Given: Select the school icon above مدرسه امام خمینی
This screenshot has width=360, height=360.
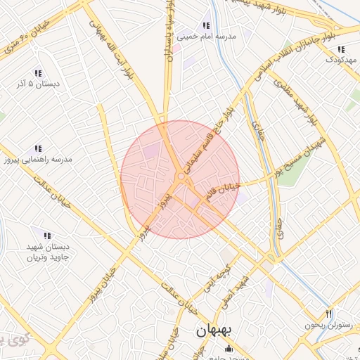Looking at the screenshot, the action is coord(206,25).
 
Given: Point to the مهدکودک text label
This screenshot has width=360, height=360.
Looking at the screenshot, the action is coord(342,60).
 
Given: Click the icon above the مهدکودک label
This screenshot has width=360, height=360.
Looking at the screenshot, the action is coord(341,49).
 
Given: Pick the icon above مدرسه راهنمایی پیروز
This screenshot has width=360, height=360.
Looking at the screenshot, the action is coord(39,148).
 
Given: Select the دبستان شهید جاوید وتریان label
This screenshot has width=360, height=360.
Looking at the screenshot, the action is coord(45,251).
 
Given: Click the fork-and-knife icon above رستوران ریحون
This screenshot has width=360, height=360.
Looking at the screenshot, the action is coord(328,314).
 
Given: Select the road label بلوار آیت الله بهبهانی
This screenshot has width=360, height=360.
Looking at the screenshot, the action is coord(112,49).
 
